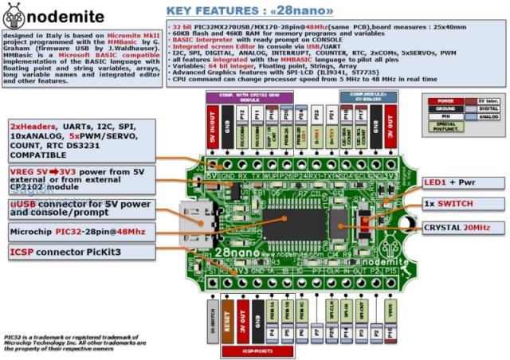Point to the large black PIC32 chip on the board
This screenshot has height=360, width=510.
pyautogui.click(x=296, y=218)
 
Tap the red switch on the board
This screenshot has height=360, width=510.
pyautogui.click(x=365, y=214)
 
